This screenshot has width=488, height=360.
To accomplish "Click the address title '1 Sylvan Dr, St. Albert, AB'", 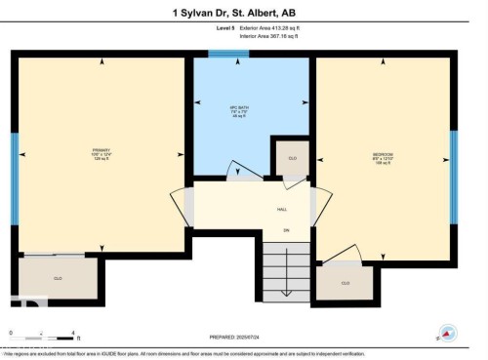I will pos(243,13).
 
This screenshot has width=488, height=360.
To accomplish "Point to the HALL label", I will pos(282,209).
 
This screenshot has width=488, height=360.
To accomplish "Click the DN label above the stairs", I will pos(287,229).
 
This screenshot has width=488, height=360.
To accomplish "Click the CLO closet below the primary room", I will pos(59,278).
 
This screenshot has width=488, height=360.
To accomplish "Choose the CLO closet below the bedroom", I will pos(346,282).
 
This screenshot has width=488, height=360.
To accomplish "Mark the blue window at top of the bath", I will pos(228,54).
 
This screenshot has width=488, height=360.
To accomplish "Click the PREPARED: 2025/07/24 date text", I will pos(244,335).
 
